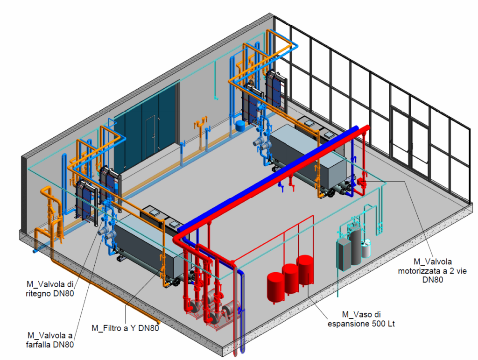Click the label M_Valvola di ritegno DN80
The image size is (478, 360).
coord(50,289)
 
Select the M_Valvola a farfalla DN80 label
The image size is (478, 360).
coord(50,340)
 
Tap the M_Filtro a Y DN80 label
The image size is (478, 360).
coord(125,328)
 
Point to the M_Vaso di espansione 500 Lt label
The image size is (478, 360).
coord(361,319)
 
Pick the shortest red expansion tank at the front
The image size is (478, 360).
coord(276,288)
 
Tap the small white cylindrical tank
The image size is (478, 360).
coord(366,248)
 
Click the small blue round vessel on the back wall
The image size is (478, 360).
coord(240,125)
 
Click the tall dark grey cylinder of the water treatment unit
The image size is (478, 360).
coord(355,246)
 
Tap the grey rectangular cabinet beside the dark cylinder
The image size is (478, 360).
coord(344,254)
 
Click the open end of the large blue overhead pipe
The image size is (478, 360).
coord(355,128)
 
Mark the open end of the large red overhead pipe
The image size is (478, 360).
coord(366,128)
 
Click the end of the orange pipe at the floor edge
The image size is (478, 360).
coord(158,322)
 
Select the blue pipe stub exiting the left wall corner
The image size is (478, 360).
coord(35,251)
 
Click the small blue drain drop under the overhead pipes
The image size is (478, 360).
coord(281,187)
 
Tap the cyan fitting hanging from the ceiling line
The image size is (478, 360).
coord(216,98)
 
